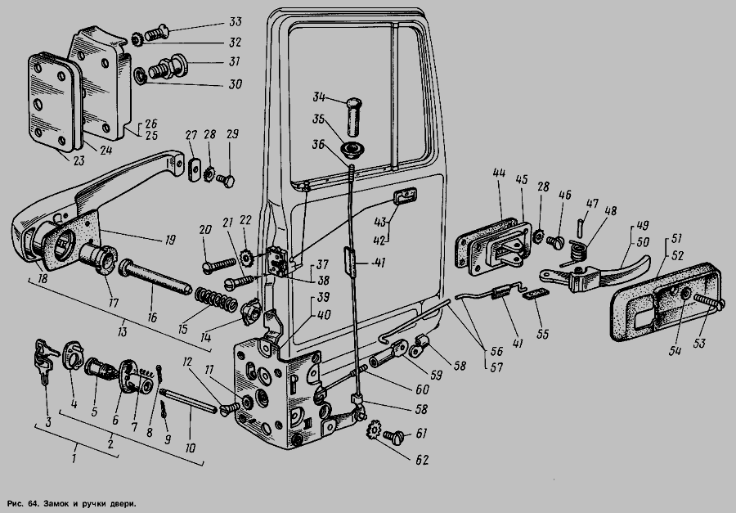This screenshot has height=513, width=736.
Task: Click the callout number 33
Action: [x=236, y=21]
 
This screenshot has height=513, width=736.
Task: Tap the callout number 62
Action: [x=423, y=460]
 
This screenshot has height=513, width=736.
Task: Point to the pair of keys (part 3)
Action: [x=45, y=361]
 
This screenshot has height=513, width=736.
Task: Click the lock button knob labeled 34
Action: [x=354, y=115]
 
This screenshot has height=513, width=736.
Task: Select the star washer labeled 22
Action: [x=246, y=257]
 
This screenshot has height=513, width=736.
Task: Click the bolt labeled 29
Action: [x=226, y=180]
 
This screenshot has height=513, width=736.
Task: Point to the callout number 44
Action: [x=499, y=173]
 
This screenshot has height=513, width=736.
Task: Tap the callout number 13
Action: [x=122, y=331]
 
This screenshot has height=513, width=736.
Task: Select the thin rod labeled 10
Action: [x=188, y=401]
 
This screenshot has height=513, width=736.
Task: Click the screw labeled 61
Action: [x=394, y=436]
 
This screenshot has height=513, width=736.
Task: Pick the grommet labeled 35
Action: [x=350, y=150]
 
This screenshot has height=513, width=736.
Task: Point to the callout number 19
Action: [x=170, y=240]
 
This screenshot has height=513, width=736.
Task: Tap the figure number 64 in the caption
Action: [x=33, y=504]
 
